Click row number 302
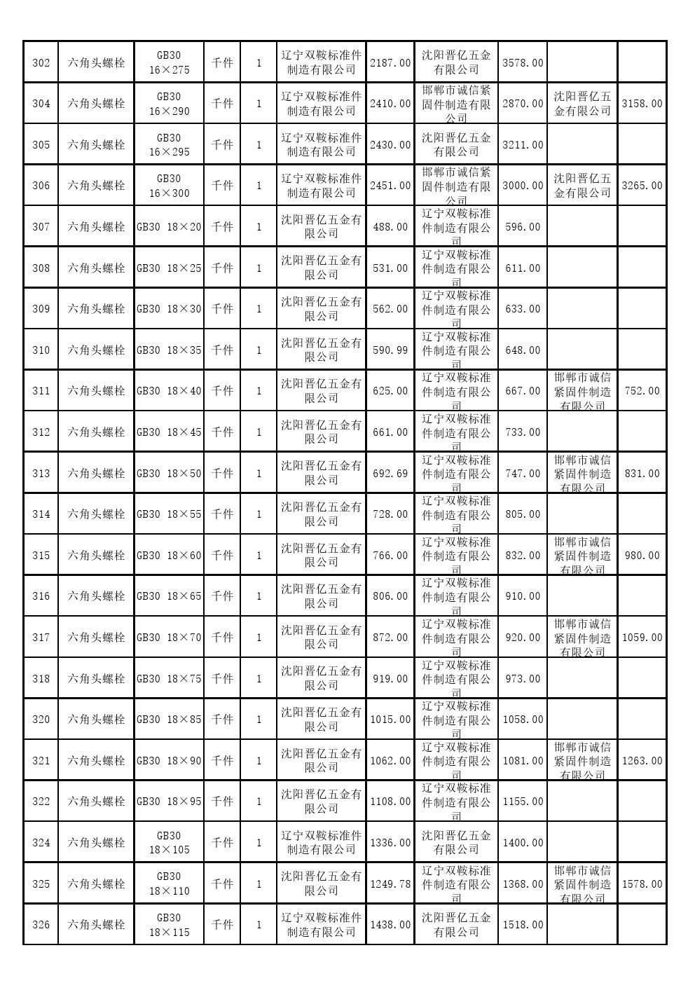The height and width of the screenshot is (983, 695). [41, 63]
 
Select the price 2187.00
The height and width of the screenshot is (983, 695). [390, 63]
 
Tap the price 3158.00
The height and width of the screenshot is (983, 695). [642, 104]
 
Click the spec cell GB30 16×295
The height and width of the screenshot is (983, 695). [169, 145]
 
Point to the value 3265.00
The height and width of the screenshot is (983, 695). [642, 186]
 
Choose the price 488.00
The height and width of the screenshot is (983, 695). [390, 227]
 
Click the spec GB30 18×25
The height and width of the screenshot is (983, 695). [169, 268]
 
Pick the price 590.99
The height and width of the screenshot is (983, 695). [390, 350]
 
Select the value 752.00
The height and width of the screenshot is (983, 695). [642, 391]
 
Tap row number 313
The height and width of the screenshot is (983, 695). [41, 474]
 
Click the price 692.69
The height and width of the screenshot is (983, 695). [390, 474]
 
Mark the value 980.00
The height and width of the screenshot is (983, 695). [642, 556]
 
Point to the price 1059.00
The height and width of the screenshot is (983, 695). [642, 638]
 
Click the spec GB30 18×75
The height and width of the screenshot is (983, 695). [169, 679]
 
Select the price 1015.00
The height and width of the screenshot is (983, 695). [390, 720]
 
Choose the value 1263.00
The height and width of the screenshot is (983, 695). [642, 761]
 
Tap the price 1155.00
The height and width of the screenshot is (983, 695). [523, 802]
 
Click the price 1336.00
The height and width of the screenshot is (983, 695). [390, 843]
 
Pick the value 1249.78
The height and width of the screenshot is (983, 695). [390, 884]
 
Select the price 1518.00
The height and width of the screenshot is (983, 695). [523, 925]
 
